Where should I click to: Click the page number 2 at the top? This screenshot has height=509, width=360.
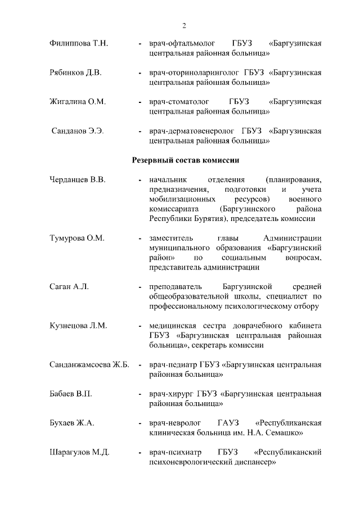(184, 25)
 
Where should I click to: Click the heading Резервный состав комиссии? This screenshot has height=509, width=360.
(186, 160)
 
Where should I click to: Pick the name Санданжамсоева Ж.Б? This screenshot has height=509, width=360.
(89, 364)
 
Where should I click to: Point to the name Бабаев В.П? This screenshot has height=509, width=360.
(71, 394)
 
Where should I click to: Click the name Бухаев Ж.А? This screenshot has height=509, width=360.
(71, 423)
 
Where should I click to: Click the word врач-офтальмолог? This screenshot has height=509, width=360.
(179, 43)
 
